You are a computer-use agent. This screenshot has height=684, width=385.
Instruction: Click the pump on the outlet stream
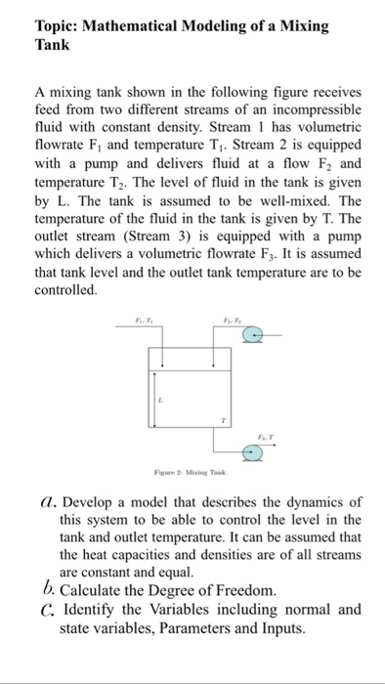click(x=252, y=452)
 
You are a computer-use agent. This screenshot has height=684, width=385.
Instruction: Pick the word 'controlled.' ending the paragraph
click(x=65, y=291)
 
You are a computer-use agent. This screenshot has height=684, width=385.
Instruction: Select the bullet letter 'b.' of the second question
click(x=47, y=590)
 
